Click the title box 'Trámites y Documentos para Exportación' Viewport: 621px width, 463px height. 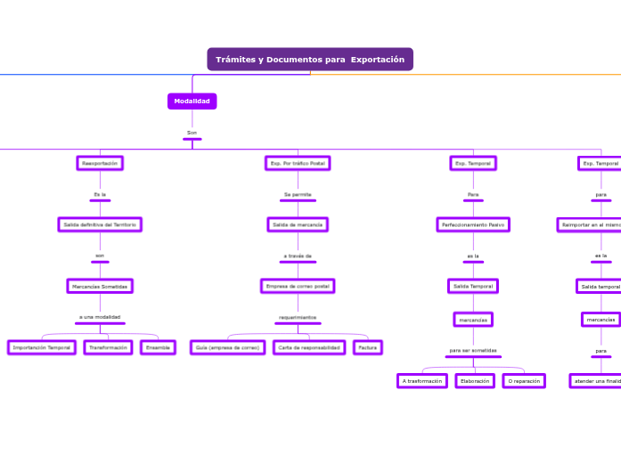tap(310, 60)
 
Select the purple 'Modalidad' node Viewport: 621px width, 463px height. tap(192, 102)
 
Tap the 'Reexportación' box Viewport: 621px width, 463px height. tap(100, 164)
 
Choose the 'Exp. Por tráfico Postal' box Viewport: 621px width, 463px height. tap(298, 164)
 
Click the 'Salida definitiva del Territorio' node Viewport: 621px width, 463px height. tap(100, 224)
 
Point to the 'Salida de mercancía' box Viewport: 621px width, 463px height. tap(298, 224)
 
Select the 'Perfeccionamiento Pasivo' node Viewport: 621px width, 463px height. tap(473, 224)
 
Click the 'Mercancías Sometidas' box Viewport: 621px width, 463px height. tap(100, 286)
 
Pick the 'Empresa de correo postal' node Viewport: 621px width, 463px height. tap(298, 286)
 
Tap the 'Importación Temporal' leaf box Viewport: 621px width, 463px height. tap(41, 347)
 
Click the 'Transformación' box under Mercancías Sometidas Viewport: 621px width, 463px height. tap(109, 347)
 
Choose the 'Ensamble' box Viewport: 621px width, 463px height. tap(158, 347)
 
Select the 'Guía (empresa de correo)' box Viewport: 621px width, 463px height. tap(228, 347)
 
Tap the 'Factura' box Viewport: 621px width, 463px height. tap(368, 347)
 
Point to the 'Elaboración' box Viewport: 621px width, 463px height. tap(475, 381)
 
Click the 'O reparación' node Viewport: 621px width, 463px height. tap(523, 381)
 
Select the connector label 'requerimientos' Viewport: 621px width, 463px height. tap(298, 317)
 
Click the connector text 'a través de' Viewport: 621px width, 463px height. tap(298, 256)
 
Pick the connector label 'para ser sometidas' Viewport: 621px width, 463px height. tap(473, 350)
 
